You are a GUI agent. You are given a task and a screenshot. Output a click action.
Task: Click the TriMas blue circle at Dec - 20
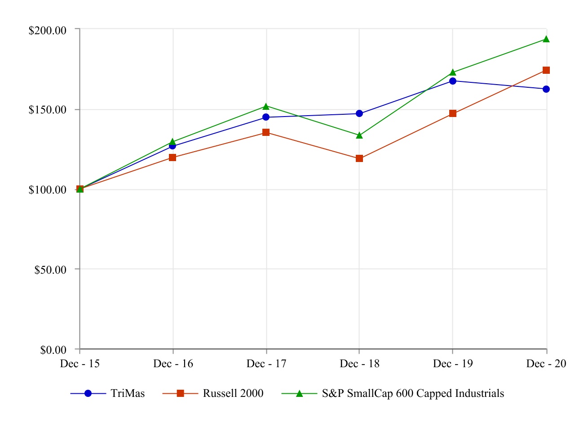[546, 89]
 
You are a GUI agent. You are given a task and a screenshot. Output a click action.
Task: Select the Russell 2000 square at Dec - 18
[359, 158]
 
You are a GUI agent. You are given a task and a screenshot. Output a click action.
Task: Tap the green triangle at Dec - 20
[546, 39]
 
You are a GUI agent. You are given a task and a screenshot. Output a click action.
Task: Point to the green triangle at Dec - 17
[266, 107]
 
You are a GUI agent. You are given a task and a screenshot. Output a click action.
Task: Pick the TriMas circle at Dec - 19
[453, 81]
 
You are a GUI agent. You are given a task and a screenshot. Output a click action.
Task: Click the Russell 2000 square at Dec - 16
[172, 157]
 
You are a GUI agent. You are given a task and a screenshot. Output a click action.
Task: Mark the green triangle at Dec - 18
[359, 135]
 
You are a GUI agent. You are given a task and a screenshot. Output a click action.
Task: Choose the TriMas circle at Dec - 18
[359, 113]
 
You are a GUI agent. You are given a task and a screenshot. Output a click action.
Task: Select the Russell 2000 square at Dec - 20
[546, 70]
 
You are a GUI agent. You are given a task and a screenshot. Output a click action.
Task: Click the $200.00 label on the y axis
[48, 31]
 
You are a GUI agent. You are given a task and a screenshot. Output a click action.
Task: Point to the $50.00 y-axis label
[50, 270]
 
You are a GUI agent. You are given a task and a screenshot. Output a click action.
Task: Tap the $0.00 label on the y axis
[53, 350]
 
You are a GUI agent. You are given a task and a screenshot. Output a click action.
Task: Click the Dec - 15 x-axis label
[80, 364]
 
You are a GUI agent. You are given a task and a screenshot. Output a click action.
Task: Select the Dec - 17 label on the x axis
[266, 364]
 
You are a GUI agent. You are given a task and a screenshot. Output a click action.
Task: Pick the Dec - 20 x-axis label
[546, 364]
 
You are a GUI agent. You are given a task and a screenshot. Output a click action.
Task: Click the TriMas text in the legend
[128, 394]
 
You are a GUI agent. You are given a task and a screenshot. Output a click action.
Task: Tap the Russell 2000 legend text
[233, 394]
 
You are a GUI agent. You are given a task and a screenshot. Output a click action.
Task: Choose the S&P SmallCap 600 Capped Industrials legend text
[413, 394]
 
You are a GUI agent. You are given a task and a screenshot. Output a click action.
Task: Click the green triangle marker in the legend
[300, 394]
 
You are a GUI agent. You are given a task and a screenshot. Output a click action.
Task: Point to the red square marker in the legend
[181, 394]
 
